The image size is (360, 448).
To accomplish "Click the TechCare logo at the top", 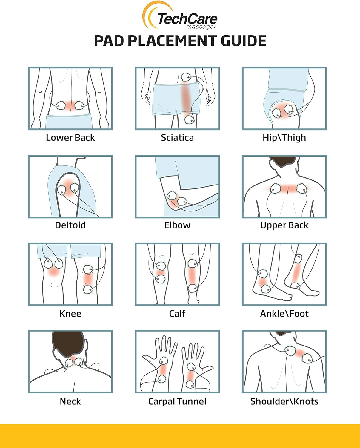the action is click(180, 16).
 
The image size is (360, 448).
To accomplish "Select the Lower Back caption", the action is click(70, 138).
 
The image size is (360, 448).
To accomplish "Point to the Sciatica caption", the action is click(177, 138).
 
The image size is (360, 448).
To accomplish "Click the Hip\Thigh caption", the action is click(284, 138).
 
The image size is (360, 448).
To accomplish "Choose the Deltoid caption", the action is click(70, 225).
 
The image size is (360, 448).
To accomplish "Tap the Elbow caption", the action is click(177, 225).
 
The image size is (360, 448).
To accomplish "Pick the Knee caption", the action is click(70, 314).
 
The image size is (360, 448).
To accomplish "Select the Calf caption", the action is click(177, 314).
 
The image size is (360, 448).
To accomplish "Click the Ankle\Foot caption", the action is click(284, 314).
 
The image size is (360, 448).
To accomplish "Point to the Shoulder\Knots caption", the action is click(284, 401).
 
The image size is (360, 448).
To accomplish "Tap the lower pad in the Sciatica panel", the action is click(189, 120).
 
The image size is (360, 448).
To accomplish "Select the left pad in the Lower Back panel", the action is click(61, 105).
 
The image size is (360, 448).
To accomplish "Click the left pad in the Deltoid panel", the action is click(61, 190).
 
